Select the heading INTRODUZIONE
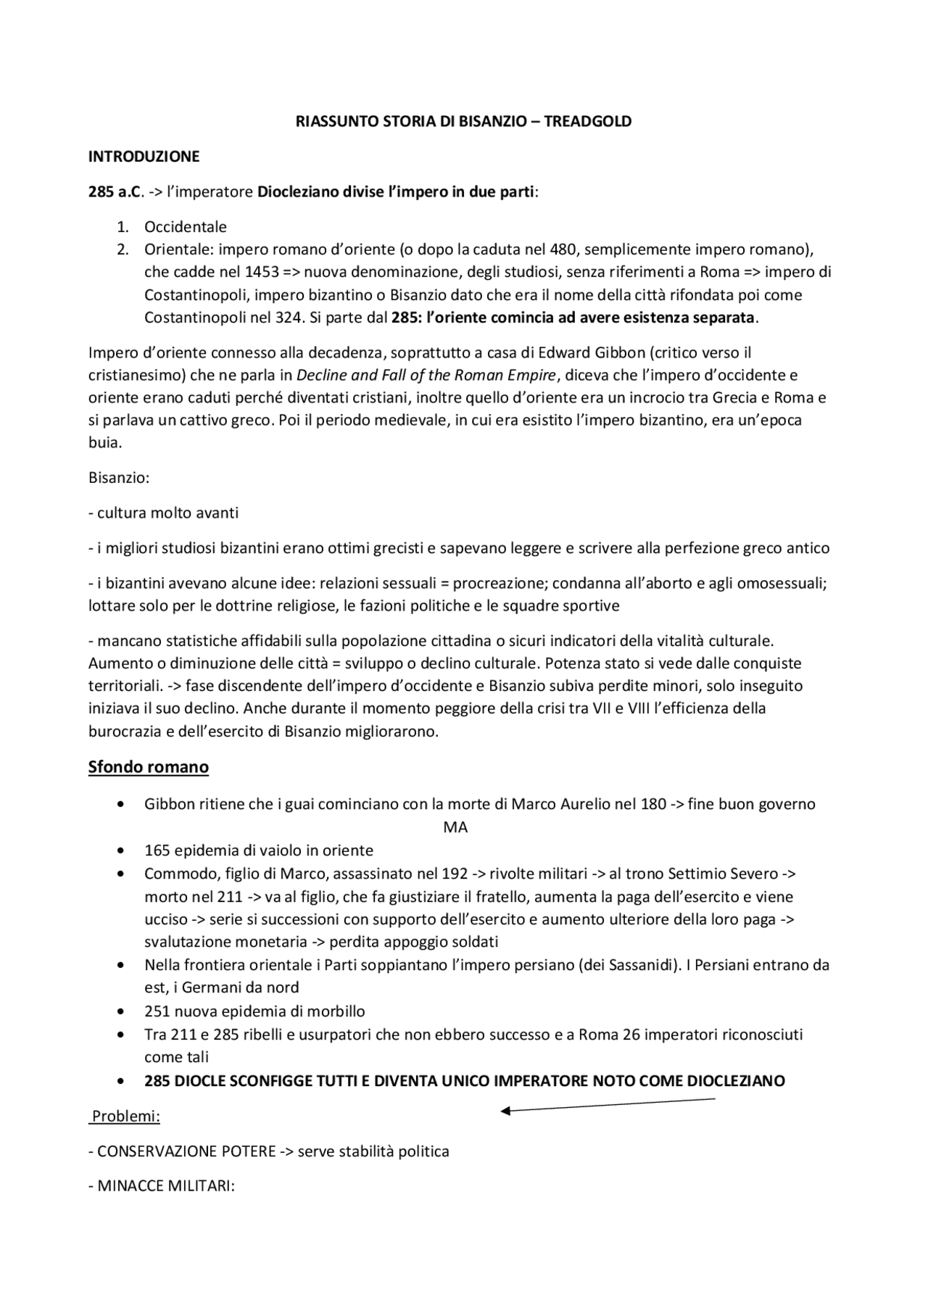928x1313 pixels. tap(144, 157)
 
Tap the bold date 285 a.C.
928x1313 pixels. tap(112, 192)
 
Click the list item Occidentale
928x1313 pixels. tap(186, 227)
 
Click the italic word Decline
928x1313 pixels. tap(322, 376)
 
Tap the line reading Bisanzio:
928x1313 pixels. tap(119, 478)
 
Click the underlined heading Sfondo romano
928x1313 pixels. tap(149, 767)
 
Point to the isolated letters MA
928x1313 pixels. tap(455, 827)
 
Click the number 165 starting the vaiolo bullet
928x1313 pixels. tap(157, 850)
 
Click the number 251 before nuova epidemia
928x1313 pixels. tap(157, 1011)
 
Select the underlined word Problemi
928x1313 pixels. tap(125, 1117)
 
